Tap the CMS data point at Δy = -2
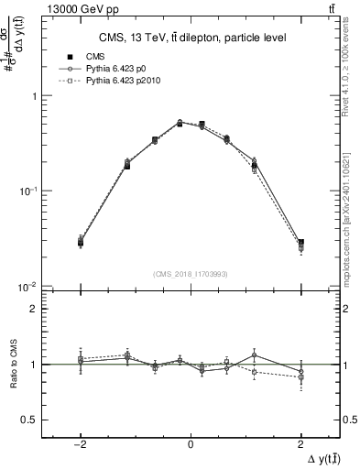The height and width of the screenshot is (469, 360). point(81,243)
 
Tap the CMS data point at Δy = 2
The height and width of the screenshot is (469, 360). point(301,243)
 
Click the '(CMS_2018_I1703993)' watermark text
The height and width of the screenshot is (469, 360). point(190,274)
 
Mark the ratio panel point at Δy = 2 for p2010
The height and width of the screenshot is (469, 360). point(301,377)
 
